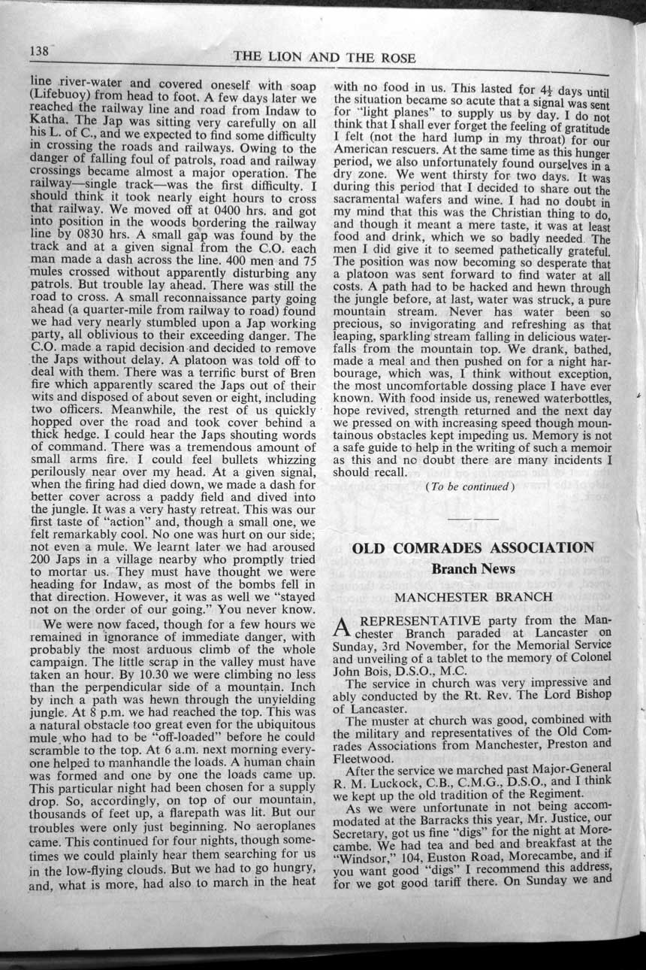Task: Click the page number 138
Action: click(38, 50)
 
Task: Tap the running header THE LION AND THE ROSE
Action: click(324, 58)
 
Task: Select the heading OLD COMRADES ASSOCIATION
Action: click(473, 547)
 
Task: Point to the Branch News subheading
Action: click(473, 569)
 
